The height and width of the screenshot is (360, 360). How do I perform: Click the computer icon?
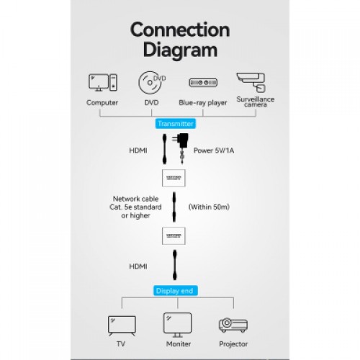point(103,82)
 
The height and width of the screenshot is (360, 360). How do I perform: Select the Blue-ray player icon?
point(203,83)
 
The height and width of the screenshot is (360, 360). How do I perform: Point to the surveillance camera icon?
point(251,82)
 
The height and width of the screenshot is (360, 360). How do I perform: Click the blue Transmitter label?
point(176,124)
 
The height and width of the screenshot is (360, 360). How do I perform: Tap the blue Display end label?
point(175,291)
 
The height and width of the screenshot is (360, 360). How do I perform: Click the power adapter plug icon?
point(181,148)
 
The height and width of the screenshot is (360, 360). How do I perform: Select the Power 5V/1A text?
point(214,150)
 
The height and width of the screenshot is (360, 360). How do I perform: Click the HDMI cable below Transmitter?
point(164,149)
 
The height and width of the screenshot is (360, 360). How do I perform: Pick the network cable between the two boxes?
point(174,207)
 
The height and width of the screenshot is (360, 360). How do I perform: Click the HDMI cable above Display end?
point(175,265)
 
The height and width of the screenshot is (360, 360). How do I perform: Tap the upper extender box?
point(174,178)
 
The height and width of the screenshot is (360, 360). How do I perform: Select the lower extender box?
point(174,236)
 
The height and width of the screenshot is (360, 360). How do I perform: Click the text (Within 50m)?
point(209,207)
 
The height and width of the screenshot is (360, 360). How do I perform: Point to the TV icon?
point(122,325)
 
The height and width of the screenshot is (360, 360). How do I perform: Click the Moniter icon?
point(177,325)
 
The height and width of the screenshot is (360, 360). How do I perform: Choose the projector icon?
point(233,325)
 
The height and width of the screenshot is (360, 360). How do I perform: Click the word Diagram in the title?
point(180,50)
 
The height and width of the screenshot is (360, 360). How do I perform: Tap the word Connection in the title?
point(180,30)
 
